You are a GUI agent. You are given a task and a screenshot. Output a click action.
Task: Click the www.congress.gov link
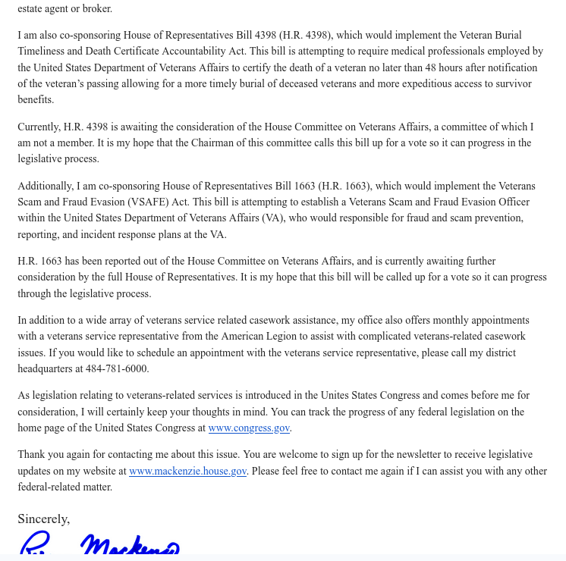(249, 428)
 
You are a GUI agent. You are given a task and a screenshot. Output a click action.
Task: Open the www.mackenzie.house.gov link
(187, 472)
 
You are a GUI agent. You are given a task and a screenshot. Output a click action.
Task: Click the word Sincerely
(43, 519)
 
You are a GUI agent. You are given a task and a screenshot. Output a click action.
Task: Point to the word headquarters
(51, 369)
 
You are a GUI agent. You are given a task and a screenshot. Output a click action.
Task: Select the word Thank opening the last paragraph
(33, 455)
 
